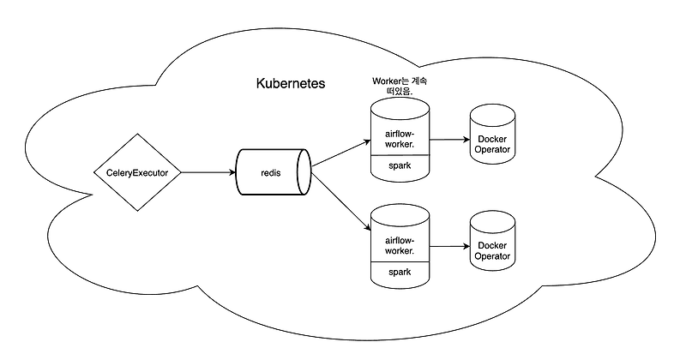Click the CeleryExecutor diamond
(x=137, y=172)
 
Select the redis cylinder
(x=272, y=172)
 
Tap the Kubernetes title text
(x=291, y=85)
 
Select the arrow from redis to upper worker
(x=340, y=153)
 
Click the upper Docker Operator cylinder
(x=492, y=144)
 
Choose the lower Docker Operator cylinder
(x=492, y=249)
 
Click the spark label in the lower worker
(x=400, y=272)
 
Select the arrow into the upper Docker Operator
(x=448, y=139)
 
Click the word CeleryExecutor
(x=137, y=173)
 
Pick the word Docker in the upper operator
(x=492, y=139)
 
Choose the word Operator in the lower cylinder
(x=492, y=256)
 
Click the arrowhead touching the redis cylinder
(x=232, y=172)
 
